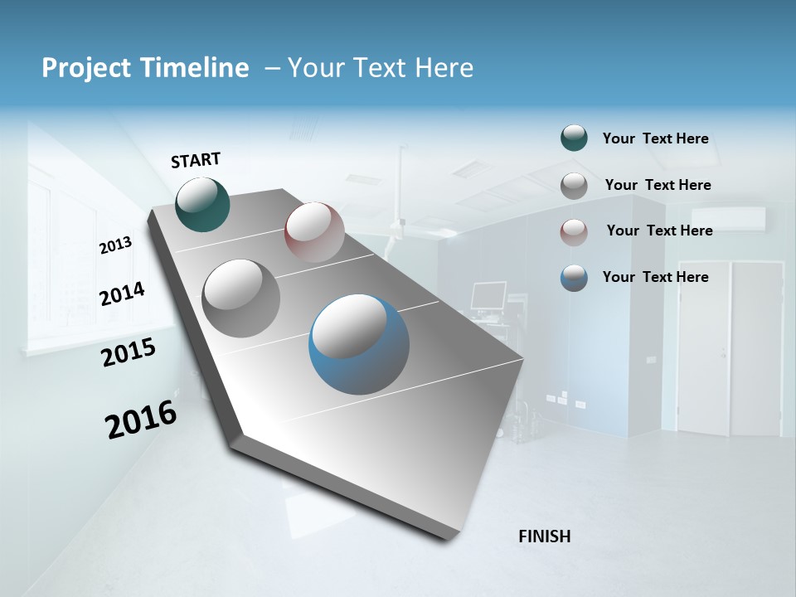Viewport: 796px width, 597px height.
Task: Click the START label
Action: [x=196, y=160]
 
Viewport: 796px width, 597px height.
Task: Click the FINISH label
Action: [x=545, y=536]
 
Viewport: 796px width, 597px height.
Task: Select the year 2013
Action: [x=115, y=245]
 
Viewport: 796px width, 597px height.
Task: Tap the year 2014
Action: [x=122, y=294]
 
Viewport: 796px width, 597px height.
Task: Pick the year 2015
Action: [x=129, y=353]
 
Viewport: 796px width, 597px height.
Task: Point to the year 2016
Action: [x=141, y=420]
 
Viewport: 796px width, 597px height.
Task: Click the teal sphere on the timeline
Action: [x=203, y=204]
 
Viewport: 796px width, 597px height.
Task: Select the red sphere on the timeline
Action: [x=314, y=231]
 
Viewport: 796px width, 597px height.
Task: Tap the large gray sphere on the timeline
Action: [x=241, y=298]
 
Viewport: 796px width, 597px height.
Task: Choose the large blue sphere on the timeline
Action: [x=359, y=344]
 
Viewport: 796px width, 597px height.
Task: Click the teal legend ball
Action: [x=574, y=138]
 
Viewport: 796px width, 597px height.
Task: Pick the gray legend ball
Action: [x=574, y=185]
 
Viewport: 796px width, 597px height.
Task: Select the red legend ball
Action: [x=574, y=231]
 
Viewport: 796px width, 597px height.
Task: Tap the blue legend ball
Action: [x=574, y=278]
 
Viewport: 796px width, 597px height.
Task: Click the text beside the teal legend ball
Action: [x=655, y=138]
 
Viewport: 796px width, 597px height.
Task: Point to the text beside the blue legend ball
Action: [x=655, y=277]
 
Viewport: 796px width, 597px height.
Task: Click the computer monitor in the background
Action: [x=488, y=295]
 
